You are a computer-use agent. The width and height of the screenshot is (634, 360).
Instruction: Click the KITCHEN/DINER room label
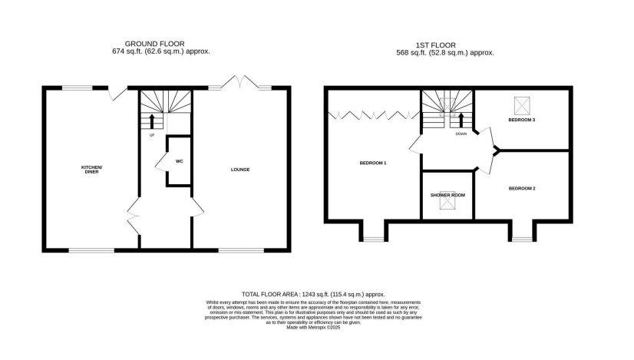(x=91, y=169)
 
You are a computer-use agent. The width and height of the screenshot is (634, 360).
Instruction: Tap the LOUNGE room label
(x=240, y=169)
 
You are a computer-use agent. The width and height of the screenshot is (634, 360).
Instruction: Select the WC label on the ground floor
(x=178, y=161)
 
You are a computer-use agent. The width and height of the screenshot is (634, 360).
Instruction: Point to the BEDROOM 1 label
(x=373, y=163)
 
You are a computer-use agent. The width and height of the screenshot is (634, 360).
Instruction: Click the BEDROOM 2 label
(x=522, y=188)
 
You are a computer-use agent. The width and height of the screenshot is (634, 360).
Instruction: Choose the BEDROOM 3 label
(x=522, y=121)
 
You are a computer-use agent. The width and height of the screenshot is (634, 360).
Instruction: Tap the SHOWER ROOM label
(x=447, y=194)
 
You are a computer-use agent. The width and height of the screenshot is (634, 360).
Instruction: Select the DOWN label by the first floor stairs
(x=461, y=134)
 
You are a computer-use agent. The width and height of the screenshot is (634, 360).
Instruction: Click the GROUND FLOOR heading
(x=160, y=44)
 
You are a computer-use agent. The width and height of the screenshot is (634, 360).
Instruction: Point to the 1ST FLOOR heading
(x=449, y=44)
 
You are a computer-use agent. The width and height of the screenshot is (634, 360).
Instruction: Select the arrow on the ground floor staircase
(x=151, y=121)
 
